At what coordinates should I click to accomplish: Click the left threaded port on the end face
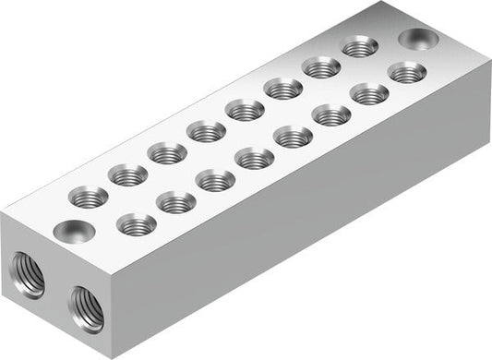click(28, 276)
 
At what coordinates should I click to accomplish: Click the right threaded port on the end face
click(86, 307)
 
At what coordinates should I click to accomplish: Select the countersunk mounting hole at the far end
click(417, 39)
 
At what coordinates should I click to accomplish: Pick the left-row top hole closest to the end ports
click(90, 196)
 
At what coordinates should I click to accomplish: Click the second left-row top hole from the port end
click(128, 174)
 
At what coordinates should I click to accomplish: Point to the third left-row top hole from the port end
click(167, 152)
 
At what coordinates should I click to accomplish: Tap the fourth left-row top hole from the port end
click(206, 131)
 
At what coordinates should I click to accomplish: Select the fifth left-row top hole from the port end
click(245, 110)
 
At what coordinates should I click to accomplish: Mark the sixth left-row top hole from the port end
click(283, 89)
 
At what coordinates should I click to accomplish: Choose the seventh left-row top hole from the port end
click(321, 66)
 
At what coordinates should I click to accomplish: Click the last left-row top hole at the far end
click(359, 46)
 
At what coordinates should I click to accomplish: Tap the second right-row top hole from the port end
click(176, 202)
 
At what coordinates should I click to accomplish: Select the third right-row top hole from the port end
click(215, 180)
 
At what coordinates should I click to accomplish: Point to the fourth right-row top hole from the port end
click(254, 159)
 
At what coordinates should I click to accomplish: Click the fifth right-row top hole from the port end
click(293, 138)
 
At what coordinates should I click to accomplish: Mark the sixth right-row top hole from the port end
click(331, 115)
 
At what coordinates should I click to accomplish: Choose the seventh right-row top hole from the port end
click(369, 93)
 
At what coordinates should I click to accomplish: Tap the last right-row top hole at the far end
click(406, 72)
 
